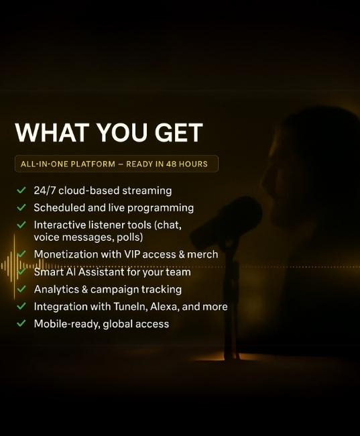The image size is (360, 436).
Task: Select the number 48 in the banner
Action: click(x=171, y=164)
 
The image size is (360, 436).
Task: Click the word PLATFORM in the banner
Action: click(x=93, y=164)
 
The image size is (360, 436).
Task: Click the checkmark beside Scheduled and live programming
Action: click(x=21, y=207)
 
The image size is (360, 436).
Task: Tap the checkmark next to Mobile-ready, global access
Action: click(x=21, y=323)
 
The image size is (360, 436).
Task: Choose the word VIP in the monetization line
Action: click(x=134, y=254)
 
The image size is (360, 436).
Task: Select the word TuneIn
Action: click(x=130, y=307)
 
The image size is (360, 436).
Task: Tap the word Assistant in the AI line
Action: click(x=101, y=272)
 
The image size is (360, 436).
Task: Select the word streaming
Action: click(x=147, y=191)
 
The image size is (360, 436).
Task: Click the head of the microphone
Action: click(x=227, y=219)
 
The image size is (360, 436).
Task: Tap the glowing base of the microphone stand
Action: click(x=231, y=356)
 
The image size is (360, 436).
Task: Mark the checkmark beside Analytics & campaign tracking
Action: click(x=21, y=289)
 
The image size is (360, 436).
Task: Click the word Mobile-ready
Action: click(x=67, y=324)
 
